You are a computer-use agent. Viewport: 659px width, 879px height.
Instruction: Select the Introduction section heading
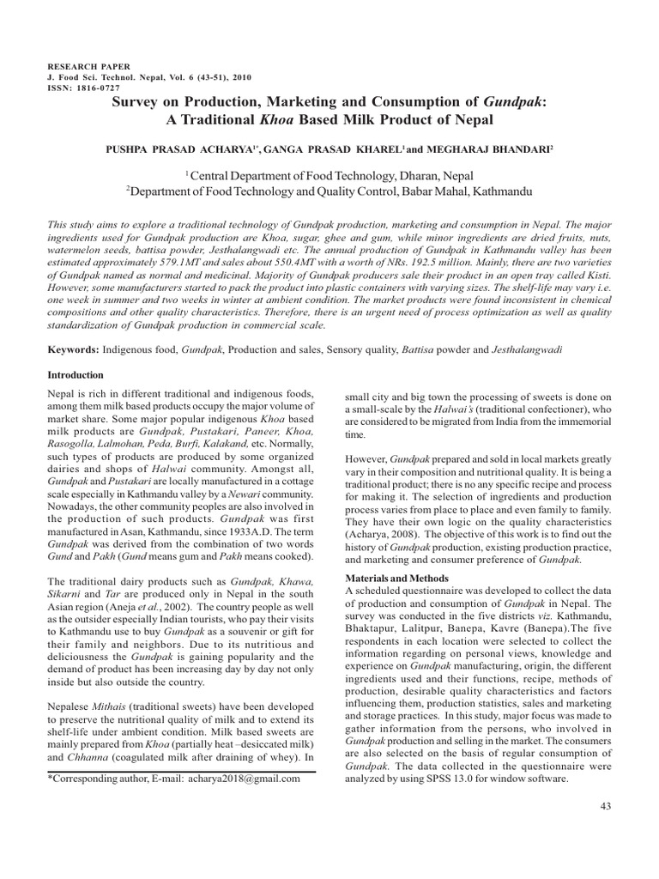coord(76,376)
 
